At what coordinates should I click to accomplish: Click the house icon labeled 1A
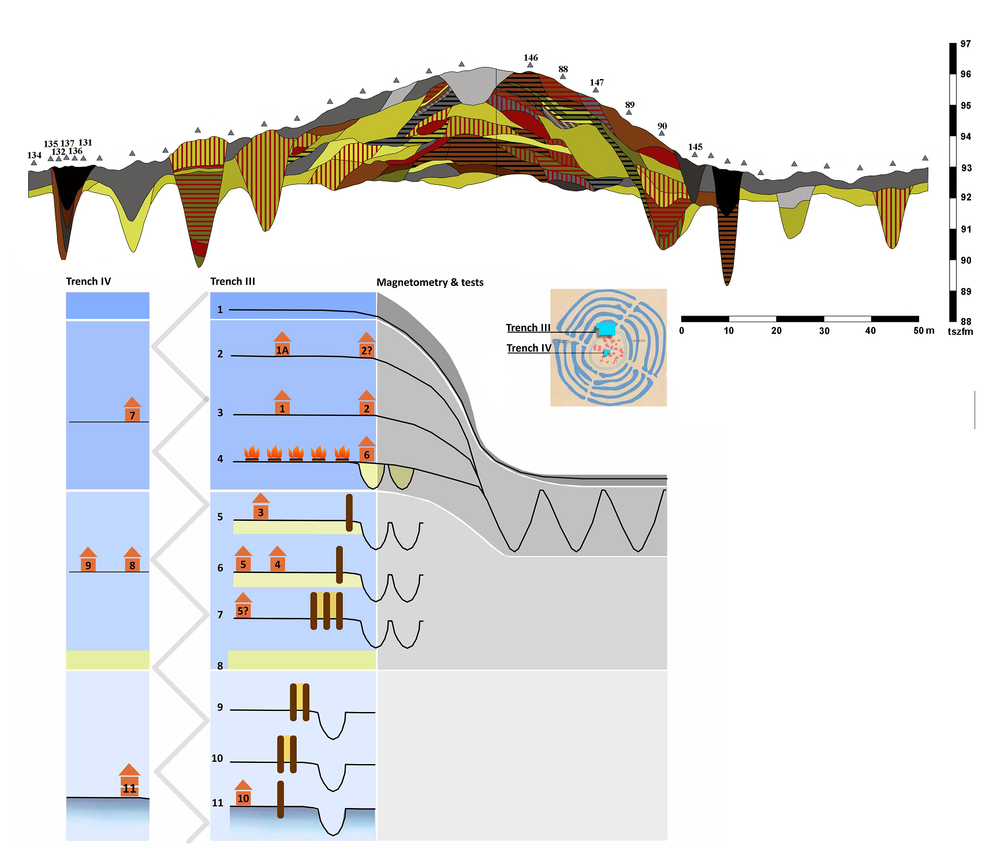pyautogui.click(x=282, y=344)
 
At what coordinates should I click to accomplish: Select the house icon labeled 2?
pyautogui.click(x=367, y=345)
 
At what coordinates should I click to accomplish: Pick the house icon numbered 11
pyautogui.click(x=129, y=780)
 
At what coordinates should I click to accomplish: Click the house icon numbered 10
pyautogui.click(x=243, y=792)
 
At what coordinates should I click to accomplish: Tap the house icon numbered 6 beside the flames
pyautogui.click(x=367, y=449)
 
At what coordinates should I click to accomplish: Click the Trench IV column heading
pyautogui.click(x=88, y=281)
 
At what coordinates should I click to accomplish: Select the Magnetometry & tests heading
pyautogui.click(x=430, y=282)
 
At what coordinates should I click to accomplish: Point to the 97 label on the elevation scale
pyautogui.click(x=966, y=44)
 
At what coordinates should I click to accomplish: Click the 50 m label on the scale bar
pyautogui.click(x=924, y=331)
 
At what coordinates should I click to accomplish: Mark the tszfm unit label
pyautogui.click(x=960, y=332)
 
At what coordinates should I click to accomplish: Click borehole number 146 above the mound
pyautogui.click(x=531, y=58)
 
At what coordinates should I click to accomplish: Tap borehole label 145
pyautogui.click(x=695, y=147)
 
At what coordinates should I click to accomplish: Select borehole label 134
pyautogui.click(x=34, y=155)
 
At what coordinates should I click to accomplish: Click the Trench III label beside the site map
pyautogui.click(x=528, y=327)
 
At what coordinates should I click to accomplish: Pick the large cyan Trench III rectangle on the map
pyautogui.click(x=606, y=329)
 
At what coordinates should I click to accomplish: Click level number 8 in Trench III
pyautogui.click(x=220, y=666)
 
